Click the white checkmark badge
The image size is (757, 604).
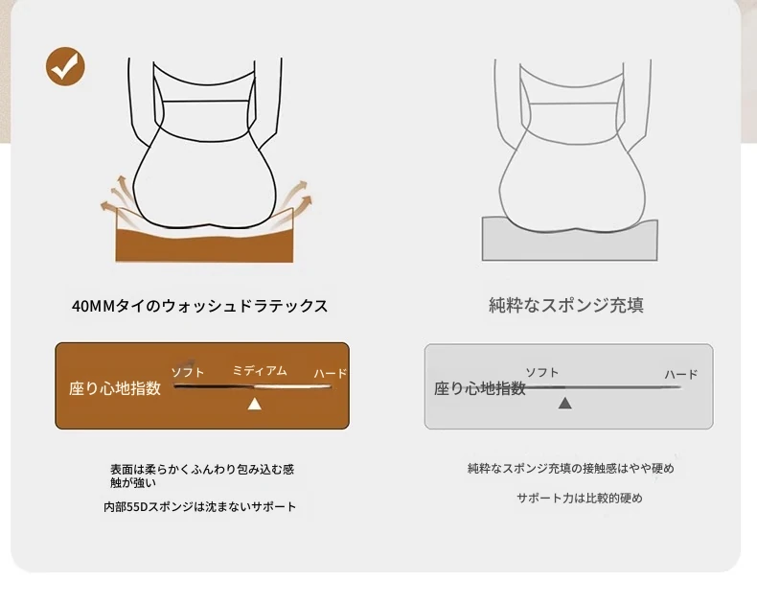[65, 66]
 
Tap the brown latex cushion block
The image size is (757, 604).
[204, 244]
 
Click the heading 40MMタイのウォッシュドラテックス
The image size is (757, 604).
[200, 306]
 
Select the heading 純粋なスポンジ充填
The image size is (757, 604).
[566, 305]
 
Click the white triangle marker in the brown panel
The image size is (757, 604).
[255, 404]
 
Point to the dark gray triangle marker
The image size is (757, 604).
[564, 403]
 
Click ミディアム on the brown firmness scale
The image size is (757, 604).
[260, 371]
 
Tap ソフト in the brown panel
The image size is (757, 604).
[188, 372]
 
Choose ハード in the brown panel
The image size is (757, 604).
[331, 373]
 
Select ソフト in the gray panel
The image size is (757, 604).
[542, 372]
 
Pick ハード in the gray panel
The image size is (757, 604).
[681, 374]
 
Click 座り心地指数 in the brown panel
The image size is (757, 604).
[115, 388]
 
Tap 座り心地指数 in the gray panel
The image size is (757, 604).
[480, 388]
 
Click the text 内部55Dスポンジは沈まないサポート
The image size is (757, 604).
[200, 507]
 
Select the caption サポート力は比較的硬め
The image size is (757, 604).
[580, 498]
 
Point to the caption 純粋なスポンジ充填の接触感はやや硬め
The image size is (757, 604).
[571, 468]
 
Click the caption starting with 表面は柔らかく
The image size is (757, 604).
[202, 476]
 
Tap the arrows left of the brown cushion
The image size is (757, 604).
[117, 196]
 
